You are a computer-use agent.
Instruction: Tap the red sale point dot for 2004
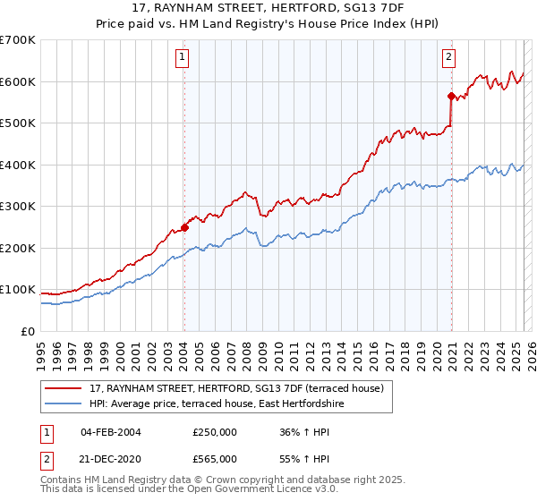(184, 227)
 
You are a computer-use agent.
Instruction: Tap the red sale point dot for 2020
(451, 96)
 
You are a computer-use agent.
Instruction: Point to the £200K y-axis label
(18, 248)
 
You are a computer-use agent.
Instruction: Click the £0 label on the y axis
(27, 331)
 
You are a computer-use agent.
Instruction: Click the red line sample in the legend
(63, 388)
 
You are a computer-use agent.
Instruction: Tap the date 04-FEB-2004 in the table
(110, 431)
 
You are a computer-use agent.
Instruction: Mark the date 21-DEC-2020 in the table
(110, 458)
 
